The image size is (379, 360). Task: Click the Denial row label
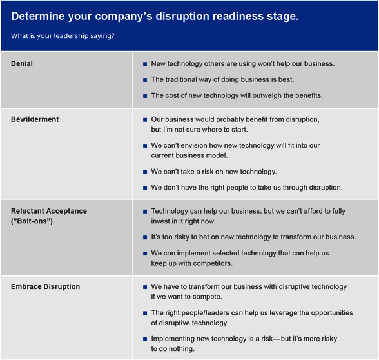22,64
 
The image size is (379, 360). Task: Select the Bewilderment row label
35,119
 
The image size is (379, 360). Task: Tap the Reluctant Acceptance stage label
49,211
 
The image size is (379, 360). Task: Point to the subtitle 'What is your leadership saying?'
63,35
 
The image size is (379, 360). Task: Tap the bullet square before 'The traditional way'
144,80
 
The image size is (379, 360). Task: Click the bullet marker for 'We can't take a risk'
144,172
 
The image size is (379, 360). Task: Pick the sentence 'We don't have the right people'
246,188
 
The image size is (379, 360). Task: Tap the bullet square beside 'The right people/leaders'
144,313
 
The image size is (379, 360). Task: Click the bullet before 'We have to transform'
144,286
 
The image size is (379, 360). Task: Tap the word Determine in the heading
39,16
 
